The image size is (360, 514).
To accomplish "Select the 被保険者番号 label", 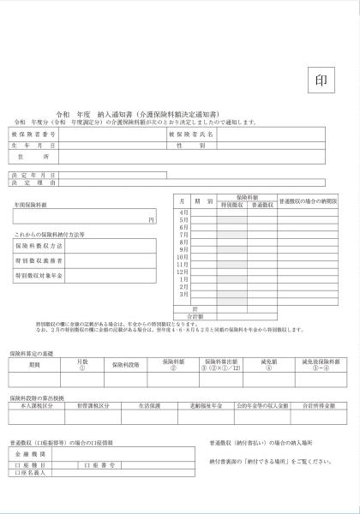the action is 34,134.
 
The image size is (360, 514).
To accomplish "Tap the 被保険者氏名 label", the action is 191,134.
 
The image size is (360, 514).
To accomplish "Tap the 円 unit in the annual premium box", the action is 151,220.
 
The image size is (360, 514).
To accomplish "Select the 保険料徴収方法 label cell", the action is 39,246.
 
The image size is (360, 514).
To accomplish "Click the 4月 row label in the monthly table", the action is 183,212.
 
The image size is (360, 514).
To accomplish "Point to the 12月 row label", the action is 183,272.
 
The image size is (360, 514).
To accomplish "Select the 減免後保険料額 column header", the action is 321,364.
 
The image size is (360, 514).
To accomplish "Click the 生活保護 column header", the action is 150,403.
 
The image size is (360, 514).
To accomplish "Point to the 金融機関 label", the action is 30,453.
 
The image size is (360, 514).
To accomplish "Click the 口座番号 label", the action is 99,463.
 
